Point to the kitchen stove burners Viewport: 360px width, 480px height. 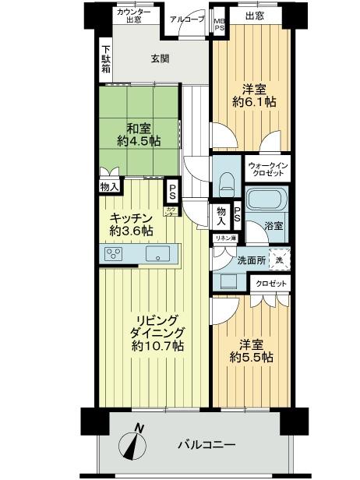pos(114,253)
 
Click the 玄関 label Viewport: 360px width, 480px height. pos(160,59)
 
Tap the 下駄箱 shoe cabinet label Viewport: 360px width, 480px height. pos(105,60)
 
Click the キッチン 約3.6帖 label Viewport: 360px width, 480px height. pos(129,224)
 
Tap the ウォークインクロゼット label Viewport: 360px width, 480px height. pos(267,171)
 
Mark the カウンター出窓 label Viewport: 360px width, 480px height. pos(134,16)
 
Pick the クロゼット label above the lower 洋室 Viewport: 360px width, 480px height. pos(270,284)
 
